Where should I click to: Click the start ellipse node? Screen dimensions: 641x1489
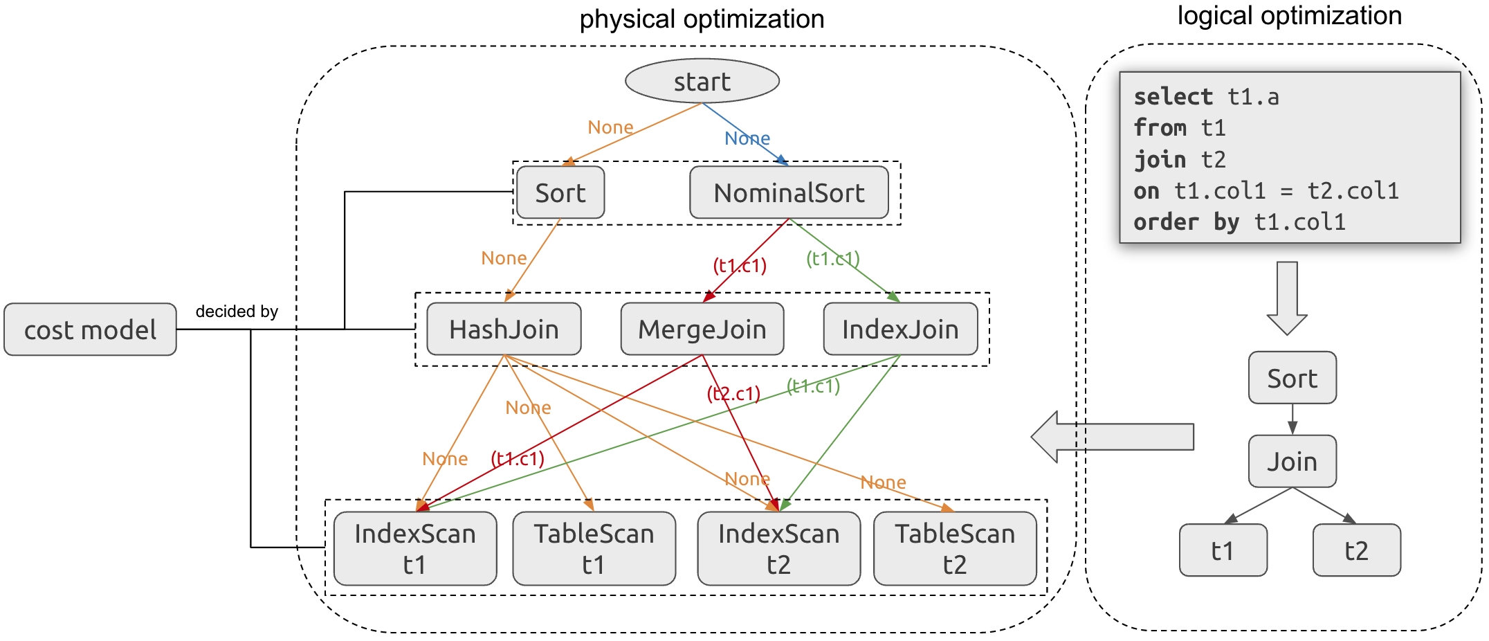[702, 81]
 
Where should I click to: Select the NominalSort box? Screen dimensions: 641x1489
[789, 192]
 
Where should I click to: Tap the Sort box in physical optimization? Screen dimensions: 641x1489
[560, 192]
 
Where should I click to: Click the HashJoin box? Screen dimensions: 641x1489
[504, 329]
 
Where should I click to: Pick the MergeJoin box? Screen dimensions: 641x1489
[702, 329]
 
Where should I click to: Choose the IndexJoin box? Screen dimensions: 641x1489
[899, 329]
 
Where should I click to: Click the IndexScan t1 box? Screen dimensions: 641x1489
[414, 548]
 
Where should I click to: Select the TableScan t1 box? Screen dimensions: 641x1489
[594, 548]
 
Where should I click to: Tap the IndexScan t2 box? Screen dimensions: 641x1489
[778, 548]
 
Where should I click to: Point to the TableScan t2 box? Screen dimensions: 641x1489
[954, 548]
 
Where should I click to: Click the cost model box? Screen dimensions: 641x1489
[90, 329]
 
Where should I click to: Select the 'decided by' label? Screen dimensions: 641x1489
[237, 312]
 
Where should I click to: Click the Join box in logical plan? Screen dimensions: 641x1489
[1292, 461]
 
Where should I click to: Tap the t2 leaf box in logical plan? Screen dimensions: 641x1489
[1356, 550]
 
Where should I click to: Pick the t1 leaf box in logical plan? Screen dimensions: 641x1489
[1223, 550]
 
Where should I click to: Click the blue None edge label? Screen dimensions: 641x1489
[747, 138]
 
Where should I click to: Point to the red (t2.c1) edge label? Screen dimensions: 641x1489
[733, 394]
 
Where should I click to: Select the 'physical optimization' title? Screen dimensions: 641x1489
[702, 19]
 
